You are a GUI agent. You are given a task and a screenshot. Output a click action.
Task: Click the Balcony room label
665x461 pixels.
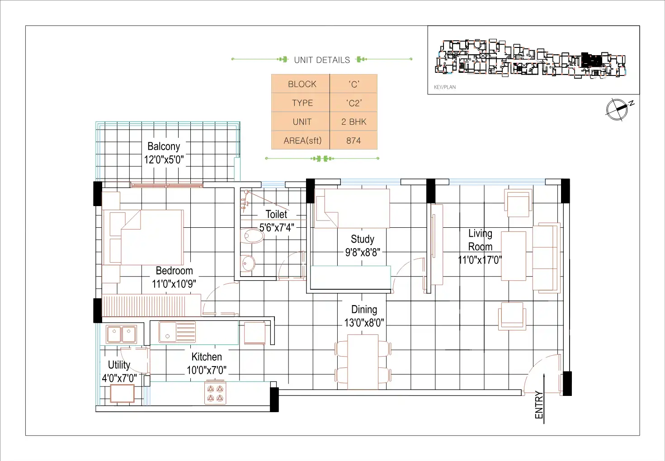coord(164,146)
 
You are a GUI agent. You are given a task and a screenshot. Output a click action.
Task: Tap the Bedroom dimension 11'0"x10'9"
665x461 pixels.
coord(174,284)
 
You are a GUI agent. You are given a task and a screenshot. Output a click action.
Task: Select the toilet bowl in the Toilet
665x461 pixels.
coord(252,236)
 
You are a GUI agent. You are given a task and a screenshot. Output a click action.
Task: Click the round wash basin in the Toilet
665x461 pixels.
coord(248,263)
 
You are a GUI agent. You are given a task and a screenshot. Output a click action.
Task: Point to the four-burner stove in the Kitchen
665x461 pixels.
coord(215,393)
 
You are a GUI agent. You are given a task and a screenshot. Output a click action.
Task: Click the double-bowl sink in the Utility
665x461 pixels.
coord(122,334)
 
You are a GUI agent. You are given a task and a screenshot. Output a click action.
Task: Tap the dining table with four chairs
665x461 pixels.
coord(363,362)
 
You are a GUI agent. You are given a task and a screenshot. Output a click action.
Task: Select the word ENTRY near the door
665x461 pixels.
coord(539,405)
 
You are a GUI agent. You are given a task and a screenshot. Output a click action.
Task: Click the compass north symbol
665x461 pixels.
coord(619,109)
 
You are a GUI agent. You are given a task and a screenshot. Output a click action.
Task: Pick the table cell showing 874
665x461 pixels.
coord(353,141)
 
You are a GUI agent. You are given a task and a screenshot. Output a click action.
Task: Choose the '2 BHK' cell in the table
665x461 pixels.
coord(353,122)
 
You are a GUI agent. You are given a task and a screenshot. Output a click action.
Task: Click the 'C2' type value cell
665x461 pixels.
coord(353,103)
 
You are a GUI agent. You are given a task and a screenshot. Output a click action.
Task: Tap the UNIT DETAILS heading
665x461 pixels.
coord(322,60)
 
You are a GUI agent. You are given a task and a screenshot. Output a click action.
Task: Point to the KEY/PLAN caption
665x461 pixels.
coord(445,87)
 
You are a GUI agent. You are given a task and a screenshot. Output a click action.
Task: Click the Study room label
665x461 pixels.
coord(362,239)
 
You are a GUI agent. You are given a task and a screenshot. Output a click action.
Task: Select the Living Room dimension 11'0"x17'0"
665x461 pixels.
coord(480,260)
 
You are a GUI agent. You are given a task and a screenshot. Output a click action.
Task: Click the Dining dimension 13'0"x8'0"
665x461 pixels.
coord(364,323)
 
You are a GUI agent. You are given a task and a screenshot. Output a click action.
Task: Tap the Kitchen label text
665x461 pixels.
coord(207,357)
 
